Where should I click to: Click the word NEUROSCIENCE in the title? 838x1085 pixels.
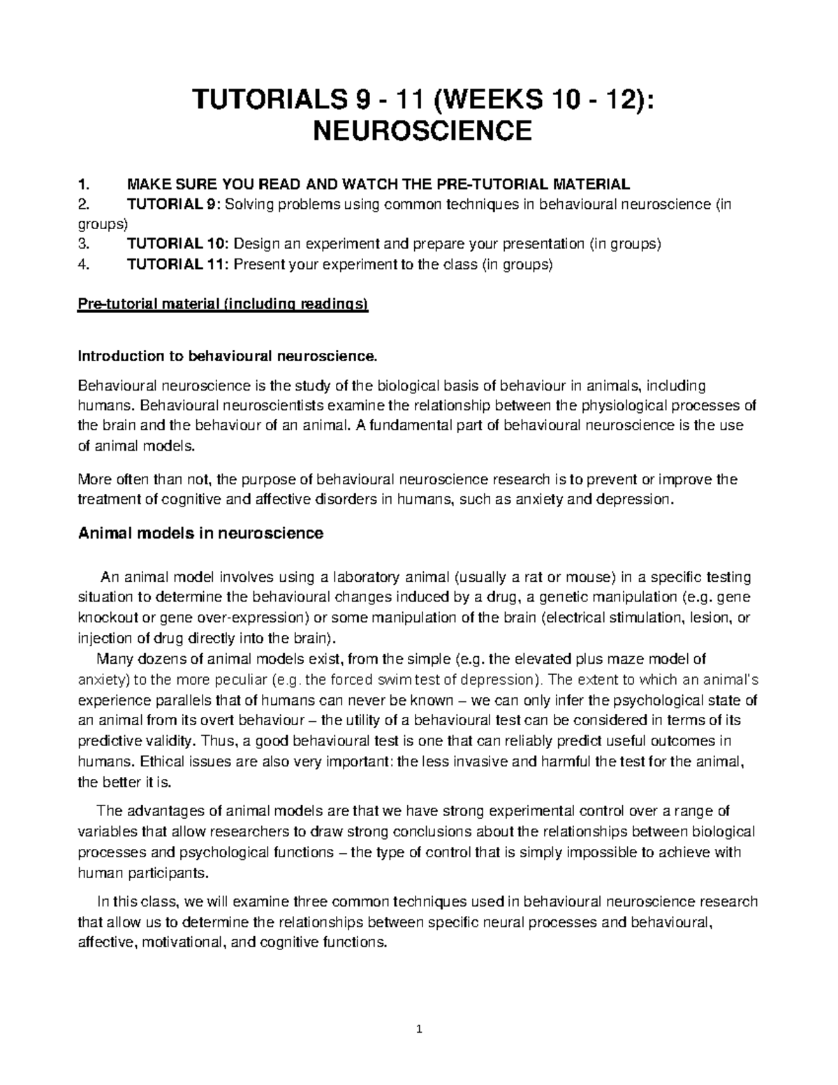point(418,130)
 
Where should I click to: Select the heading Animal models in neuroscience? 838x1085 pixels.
point(200,533)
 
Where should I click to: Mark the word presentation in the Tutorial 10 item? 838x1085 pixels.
point(544,244)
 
